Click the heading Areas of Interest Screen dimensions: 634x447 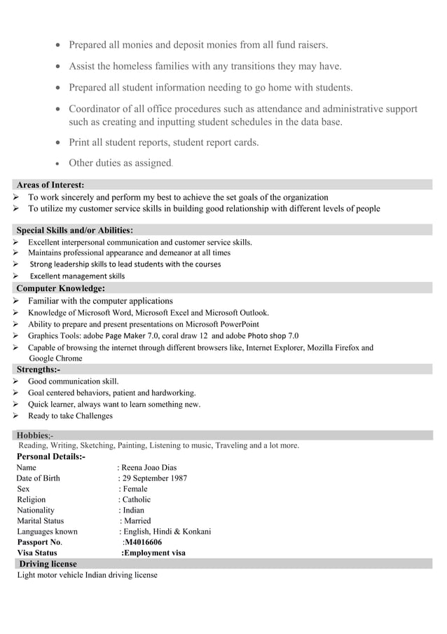tap(50, 184)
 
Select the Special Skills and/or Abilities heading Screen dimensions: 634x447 tap(75, 230)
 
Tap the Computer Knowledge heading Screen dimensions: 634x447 tap(61, 288)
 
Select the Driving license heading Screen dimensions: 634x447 tap(48, 563)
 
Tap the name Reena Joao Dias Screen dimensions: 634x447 tap(149, 467)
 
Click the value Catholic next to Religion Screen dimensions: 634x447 tap(137, 499)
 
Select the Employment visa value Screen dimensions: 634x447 tap(154, 553)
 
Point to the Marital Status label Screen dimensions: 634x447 tap(40, 521)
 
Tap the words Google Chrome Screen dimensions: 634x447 tap(55, 358)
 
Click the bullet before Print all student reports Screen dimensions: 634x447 tap(58, 143)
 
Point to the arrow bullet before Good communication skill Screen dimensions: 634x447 tap(16, 382)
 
